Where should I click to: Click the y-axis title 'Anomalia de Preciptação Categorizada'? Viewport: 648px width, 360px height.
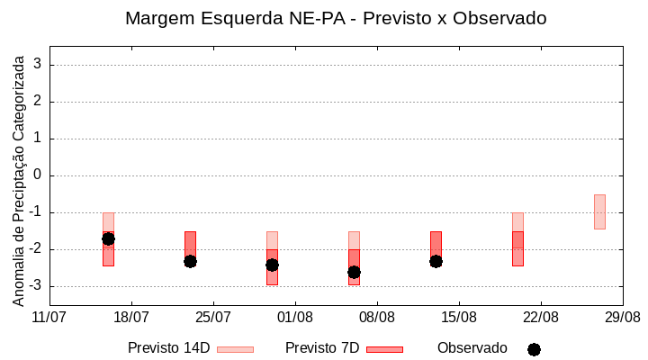[x=18, y=178]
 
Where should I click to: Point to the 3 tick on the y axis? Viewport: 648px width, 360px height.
[x=38, y=65]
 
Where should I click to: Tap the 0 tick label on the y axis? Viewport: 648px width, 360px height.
[x=38, y=175]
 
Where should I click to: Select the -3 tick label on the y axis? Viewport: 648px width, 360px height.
[x=35, y=286]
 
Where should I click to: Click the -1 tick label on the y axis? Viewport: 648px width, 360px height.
[x=35, y=212]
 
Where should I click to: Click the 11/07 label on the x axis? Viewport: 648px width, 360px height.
[x=49, y=317]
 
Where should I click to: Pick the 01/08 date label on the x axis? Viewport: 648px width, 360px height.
[x=295, y=317]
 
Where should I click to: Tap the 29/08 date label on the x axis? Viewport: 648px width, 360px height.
[x=623, y=317]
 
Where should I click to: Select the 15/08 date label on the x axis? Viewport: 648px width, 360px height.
[x=459, y=317]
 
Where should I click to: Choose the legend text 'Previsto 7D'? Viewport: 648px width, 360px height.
[x=322, y=348]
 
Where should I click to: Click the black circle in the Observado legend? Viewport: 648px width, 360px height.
[x=534, y=349]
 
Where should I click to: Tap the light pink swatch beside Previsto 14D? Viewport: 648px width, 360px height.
[x=235, y=349]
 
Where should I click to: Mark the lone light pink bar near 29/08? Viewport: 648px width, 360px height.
[x=599, y=211]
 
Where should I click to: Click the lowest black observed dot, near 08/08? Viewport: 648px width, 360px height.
[x=354, y=272]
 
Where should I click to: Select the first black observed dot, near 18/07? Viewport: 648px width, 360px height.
[x=108, y=238]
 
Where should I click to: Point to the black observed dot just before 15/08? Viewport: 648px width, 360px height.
[x=436, y=261]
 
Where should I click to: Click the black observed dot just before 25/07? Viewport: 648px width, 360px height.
[x=190, y=261]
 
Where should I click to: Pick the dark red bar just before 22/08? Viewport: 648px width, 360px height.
[x=517, y=248]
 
